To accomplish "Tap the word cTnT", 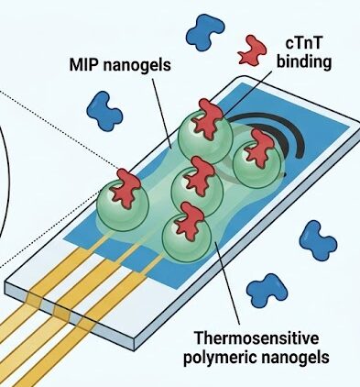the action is [x=303, y=43].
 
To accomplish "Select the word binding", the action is [x=304, y=62].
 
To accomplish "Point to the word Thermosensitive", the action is [x=256, y=338].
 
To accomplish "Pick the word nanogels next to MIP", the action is [x=136, y=65].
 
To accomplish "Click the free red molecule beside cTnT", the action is [x=252, y=50].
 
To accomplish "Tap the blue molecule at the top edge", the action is [x=205, y=32].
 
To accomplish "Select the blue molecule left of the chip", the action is [x=104, y=111].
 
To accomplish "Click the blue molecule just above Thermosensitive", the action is [x=267, y=291].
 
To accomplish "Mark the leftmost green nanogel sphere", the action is [x=123, y=205].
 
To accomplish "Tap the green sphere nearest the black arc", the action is [x=257, y=163].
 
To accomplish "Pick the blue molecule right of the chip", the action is [x=318, y=241].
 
